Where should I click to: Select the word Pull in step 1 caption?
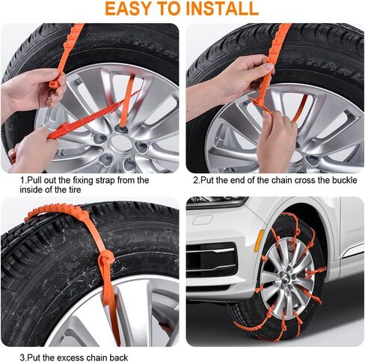[36, 181]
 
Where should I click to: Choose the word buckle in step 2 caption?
[332, 181]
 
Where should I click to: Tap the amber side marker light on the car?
[257, 240]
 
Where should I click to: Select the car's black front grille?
[203, 259]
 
